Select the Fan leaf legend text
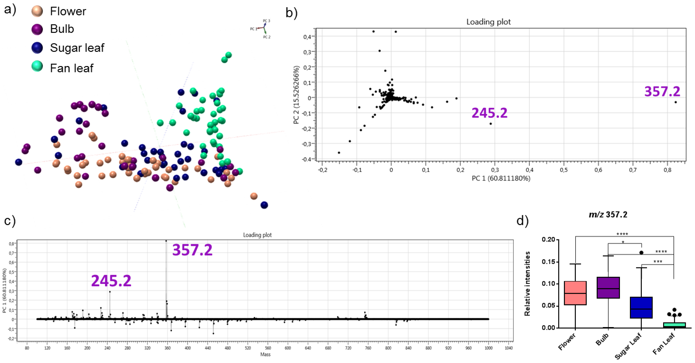(x=72, y=68)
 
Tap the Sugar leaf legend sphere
(x=37, y=48)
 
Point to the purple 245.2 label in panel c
(x=111, y=281)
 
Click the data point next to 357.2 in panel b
(x=675, y=102)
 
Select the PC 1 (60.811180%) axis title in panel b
(x=501, y=178)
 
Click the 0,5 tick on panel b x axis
(x=564, y=170)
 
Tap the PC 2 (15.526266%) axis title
(x=296, y=95)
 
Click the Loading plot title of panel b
(x=488, y=22)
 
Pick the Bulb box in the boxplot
(x=608, y=288)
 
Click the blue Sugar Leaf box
(x=641, y=307)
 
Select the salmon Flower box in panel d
(x=575, y=293)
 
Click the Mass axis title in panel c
(x=265, y=354)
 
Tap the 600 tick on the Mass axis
(x=288, y=348)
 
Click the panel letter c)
(x=10, y=221)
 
